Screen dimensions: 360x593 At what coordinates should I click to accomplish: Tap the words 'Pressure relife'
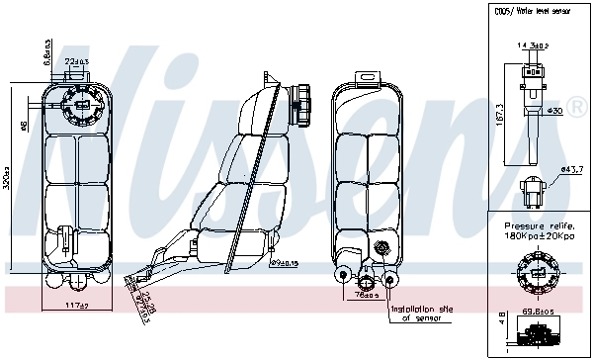tap(538, 226)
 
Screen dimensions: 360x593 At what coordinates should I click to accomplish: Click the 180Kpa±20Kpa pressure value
tap(539, 237)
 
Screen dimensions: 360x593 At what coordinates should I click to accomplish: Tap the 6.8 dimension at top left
tap(46, 51)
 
